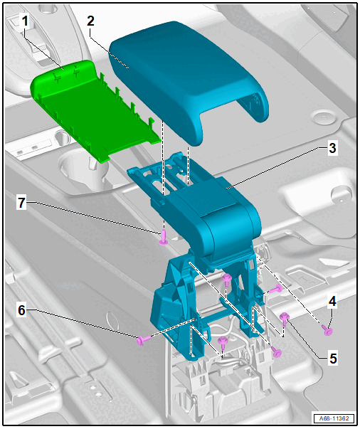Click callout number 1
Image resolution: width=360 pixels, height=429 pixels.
(x=25, y=21)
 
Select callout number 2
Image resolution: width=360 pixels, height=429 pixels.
(x=90, y=21)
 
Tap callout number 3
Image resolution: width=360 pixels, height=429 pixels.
(x=332, y=148)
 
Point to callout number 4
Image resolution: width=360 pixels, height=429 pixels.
(x=332, y=301)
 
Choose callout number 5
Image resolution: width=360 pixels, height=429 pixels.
(x=333, y=358)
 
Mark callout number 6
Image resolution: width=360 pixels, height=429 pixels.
(x=21, y=310)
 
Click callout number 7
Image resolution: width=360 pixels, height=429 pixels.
(x=21, y=203)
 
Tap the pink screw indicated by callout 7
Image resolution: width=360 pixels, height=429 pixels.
(x=164, y=238)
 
